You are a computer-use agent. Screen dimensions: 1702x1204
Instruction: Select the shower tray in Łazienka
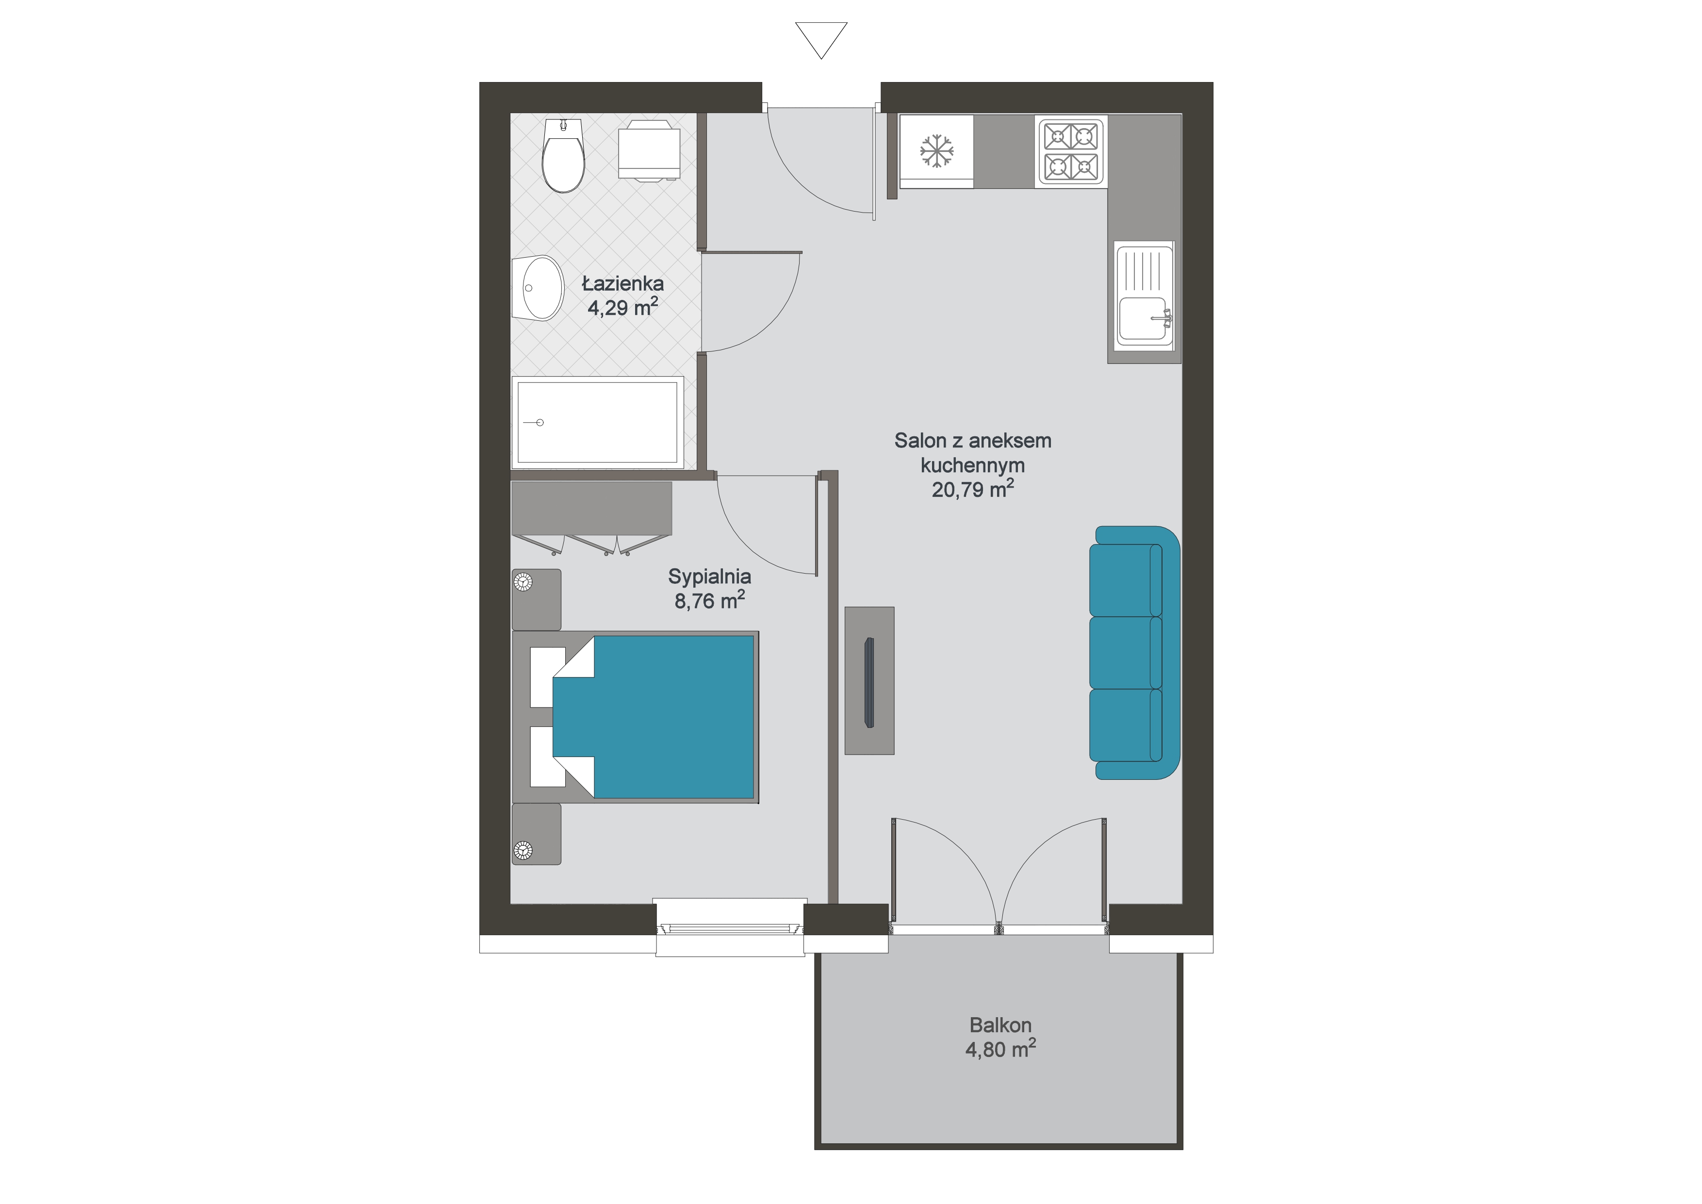(x=597, y=423)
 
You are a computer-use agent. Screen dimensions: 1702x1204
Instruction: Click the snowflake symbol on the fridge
(x=937, y=151)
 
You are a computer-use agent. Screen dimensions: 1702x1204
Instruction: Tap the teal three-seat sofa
(x=1134, y=652)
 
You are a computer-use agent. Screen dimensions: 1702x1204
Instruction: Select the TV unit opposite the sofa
(x=869, y=680)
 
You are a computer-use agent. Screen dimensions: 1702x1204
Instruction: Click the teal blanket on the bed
(x=653, y=717)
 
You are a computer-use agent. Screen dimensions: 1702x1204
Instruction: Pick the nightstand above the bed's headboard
(x=537, y=600)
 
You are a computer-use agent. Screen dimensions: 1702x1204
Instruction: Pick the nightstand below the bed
(x=537, y=834)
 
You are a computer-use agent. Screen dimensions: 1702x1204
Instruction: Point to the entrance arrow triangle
(x=821, y=40)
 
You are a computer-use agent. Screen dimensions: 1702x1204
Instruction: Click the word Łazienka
(x=622, y=283)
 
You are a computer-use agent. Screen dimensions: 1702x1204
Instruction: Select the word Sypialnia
(x=709, y=576)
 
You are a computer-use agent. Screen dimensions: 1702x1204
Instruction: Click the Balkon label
(x=1000, y=1025)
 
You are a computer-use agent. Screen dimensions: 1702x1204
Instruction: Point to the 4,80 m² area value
(x=1000, y=1049)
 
